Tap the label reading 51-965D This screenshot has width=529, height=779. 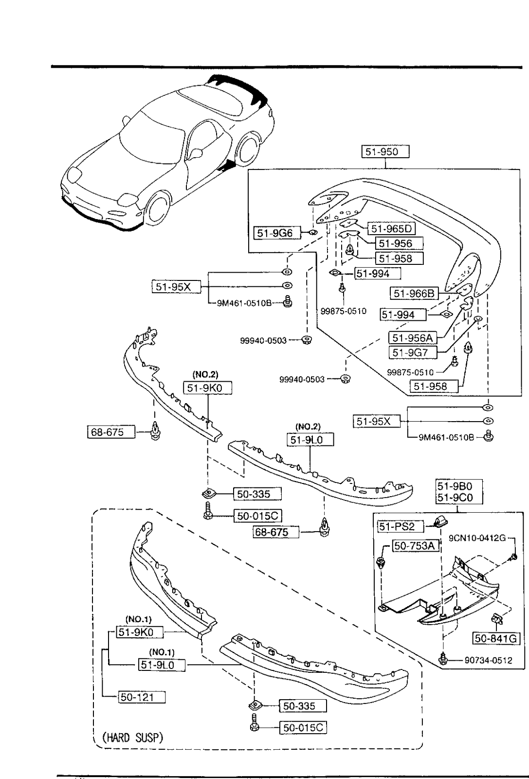point(390,228)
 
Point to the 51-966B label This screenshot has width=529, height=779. point(414,293)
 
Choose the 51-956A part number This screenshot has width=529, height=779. point(413,337)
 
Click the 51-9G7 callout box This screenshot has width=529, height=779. point(412,352)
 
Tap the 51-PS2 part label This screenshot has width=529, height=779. point(396,526)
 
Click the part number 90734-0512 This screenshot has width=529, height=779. point(488,661)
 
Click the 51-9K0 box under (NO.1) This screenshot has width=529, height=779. point(140,632)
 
